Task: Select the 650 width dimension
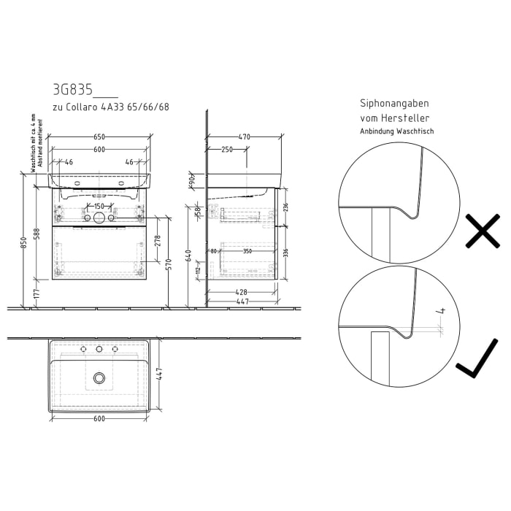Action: (x=99, y=137)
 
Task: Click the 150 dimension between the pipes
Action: (x=99, y=205)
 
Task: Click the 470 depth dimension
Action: (x=244, y=137)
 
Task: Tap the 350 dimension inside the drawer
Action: (x=247, y=251)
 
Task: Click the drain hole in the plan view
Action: (x=99, y=377)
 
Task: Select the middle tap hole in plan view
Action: (x=99, y=350)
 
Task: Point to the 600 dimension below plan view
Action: (x=99, y=418)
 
